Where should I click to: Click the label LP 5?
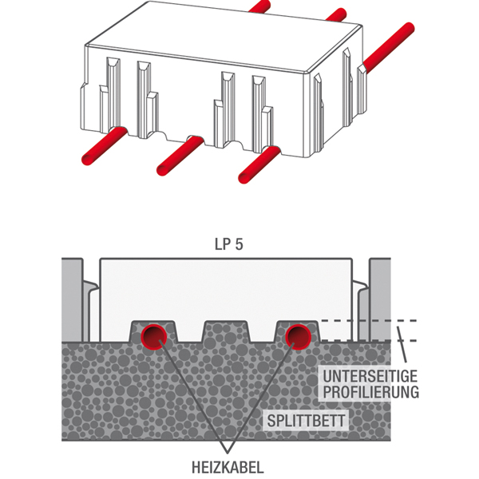(228, 246)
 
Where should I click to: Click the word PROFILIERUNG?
(366, 392)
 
